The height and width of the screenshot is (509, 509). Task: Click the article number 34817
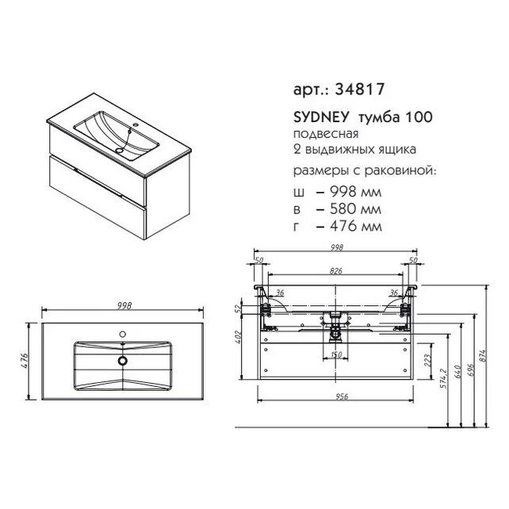point(359,89)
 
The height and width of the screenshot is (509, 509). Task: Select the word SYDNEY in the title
point(321,117)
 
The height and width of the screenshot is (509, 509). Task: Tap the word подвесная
point(326,135)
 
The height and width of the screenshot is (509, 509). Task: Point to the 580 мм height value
point(355,209)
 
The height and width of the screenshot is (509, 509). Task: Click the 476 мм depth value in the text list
point(355,226)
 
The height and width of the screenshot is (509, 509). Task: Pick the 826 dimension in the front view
point(336,270)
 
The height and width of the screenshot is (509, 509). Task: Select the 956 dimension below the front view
point(342,396)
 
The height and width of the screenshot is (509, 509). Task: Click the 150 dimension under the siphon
point(336,354)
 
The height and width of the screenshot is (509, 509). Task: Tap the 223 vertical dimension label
point(427,360)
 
